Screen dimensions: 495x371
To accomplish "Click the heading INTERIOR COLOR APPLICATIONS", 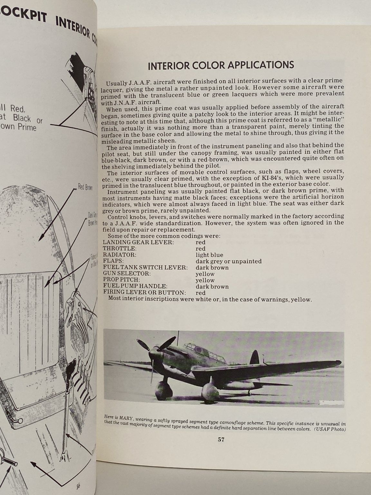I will [x=221, y=65].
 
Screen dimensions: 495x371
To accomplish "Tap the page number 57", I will [x=221, y=439].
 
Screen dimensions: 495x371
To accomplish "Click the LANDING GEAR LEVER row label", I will [x=138, y=242].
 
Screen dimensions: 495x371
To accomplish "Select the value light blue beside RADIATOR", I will [x=209, y=255].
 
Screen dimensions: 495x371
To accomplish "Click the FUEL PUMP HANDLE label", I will [x=135, y=286].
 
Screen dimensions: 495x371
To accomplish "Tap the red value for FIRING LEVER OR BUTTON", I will [x=200, y=293].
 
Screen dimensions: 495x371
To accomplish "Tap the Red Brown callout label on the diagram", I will [x=85, y=187].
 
